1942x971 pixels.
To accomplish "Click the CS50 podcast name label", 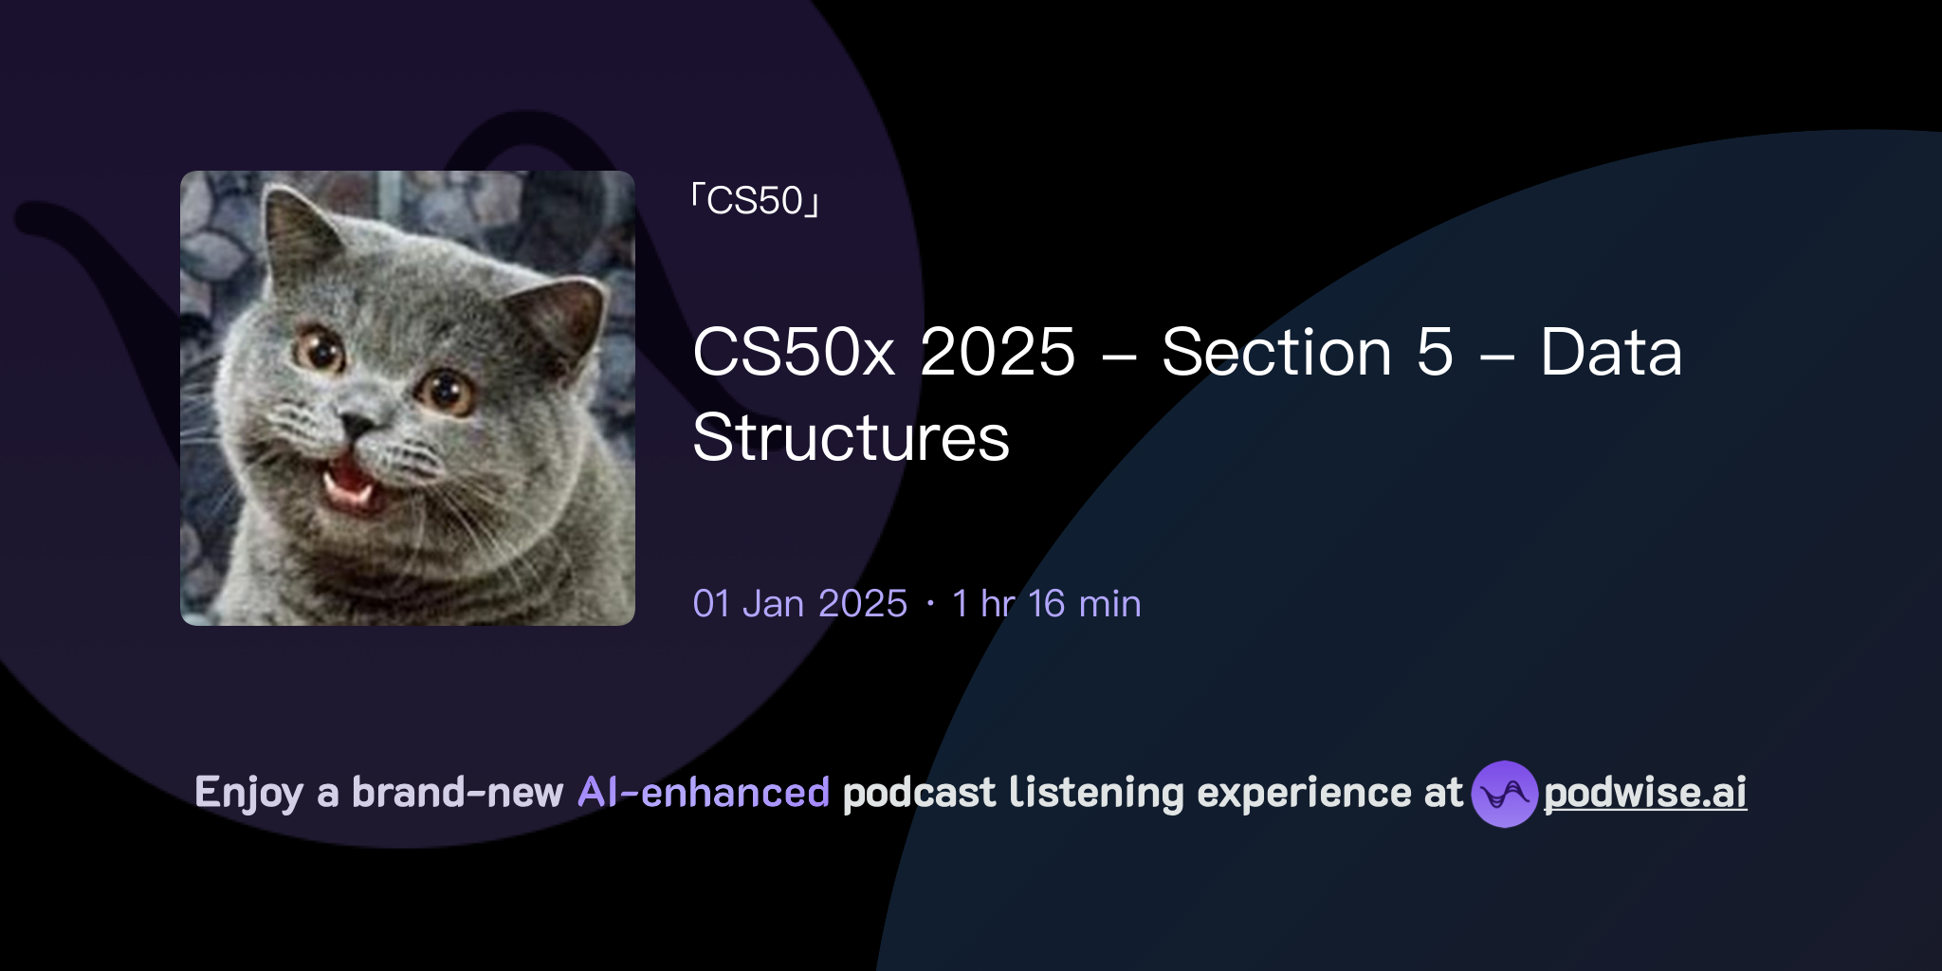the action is (x=756, y=201).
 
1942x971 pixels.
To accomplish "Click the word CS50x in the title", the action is (x=794, y=352).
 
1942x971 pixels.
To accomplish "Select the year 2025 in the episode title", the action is (x=998, y=352).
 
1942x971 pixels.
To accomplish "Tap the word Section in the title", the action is (x=1276, y=352).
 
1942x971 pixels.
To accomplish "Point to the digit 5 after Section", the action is (x=1435, y=352).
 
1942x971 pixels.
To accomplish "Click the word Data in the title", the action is (x=1611, y=352).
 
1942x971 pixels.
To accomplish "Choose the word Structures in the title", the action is (x=851, y=437).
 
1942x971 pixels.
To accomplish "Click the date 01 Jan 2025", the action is (x=800, y=604).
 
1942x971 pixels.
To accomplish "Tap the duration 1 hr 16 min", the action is (x=1047, y=604).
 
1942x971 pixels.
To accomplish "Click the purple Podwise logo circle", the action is (x=1504, y=794).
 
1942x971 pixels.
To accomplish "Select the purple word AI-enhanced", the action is (x=704, y=793).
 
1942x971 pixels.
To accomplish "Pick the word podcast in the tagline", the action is (x=919, y=793).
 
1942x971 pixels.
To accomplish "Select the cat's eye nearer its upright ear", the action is (x=321, y=351).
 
